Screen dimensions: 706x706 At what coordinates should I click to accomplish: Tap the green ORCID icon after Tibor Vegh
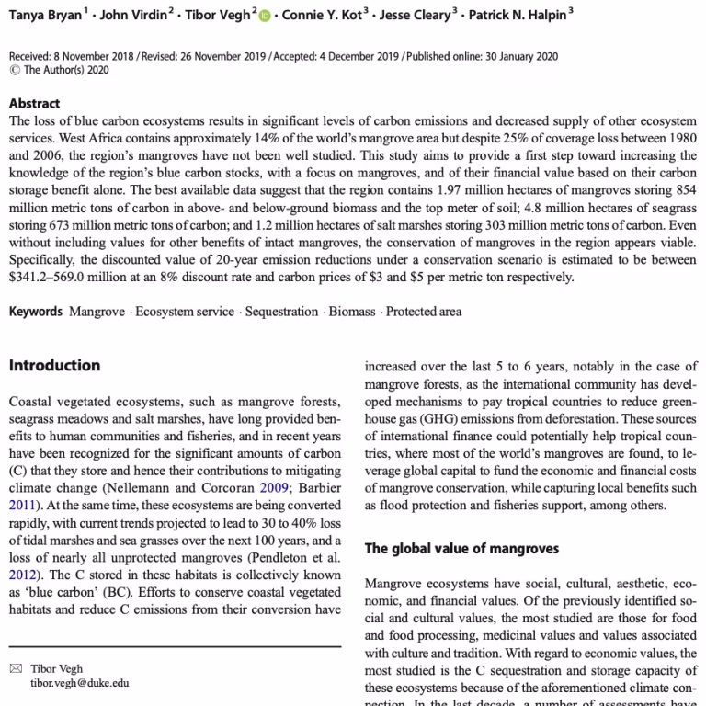pos(267,17)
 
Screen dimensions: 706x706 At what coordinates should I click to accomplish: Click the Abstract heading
pos(34,104)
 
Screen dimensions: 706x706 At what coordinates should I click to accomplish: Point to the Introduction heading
pos(54,366)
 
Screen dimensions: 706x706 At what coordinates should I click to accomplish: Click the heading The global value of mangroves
pos(461,549)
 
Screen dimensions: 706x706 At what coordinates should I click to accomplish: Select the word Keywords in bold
pos(36,312)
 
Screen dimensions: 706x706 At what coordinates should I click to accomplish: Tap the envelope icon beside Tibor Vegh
pos(15,669)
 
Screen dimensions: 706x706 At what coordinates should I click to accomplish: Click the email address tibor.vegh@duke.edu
pos(80,683)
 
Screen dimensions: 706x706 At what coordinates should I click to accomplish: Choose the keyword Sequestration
pos(281,312)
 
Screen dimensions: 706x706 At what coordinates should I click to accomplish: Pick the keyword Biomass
pos(352,312)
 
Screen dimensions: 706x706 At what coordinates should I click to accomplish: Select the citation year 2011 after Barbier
pos(25,505)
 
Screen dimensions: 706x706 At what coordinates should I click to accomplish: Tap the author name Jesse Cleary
pos(419,16)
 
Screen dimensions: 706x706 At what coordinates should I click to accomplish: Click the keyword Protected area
pos(424,312)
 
